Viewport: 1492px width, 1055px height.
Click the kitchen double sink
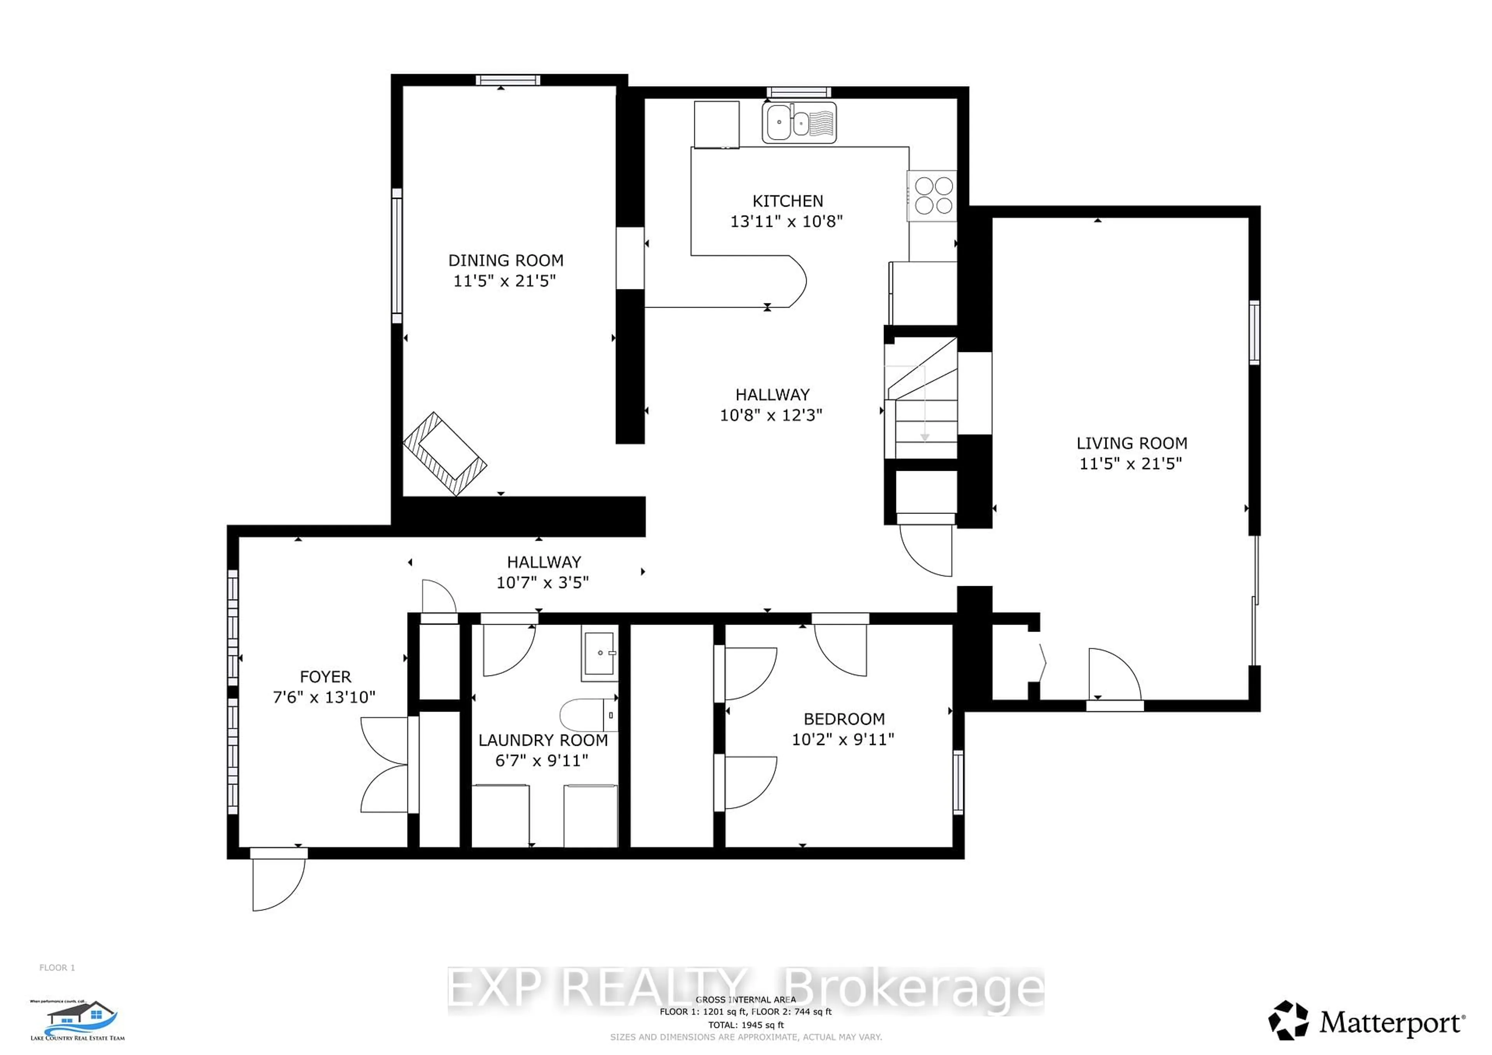pyautogui.click(x=798, y=122)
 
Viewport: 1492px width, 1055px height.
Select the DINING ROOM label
pyautogui.click(x=505, y=261)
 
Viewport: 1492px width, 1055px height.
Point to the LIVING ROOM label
pyautogui.click(x=1131, y=444)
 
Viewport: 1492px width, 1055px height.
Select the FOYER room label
pyautogui.click(x=325, y=677)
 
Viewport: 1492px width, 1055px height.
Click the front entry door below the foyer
pyautogui.click(x=278, y=880)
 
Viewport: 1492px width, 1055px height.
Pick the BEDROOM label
pyautogui.click(x=844, y=719)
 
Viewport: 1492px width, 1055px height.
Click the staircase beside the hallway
pyautogui.click(x=922, y=403)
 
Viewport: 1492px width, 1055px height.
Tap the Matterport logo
pyautogui.click(x=1367, y=1022)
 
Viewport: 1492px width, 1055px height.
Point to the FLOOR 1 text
pyautogui.click(x=57, y=967)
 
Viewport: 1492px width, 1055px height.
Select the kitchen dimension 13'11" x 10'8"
pyautogui.click(x=786, y=221)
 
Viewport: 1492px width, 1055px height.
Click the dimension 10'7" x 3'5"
pyautogui.click(x=543, y=583)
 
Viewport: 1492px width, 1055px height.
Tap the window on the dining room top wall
pyautogui.click(x=507, y=80)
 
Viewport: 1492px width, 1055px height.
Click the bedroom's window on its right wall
pyautogui.click(x=958, y=782)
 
